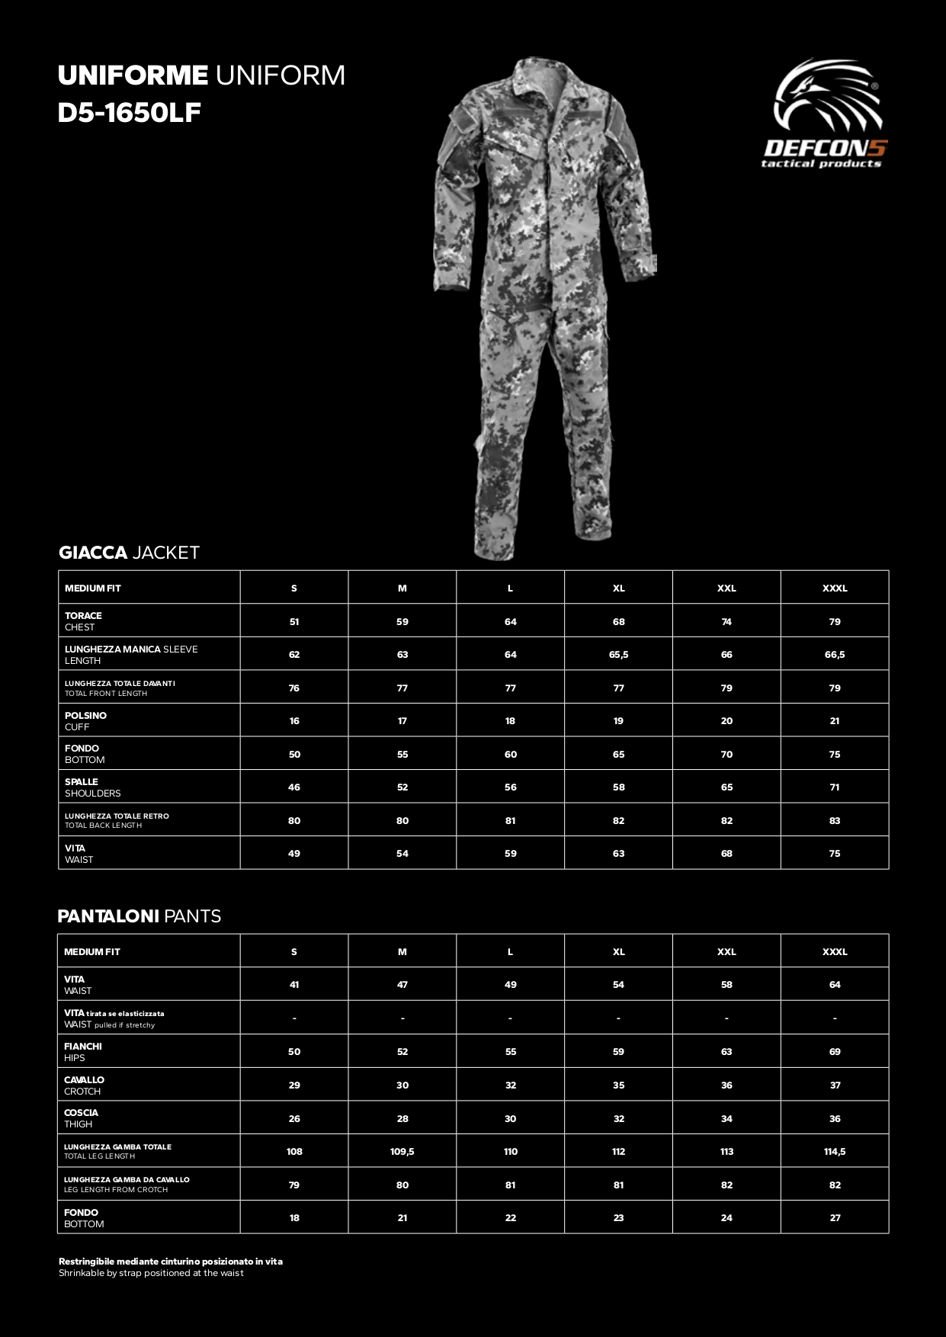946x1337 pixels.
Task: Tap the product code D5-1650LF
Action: point(129,113)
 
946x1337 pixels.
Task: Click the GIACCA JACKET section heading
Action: point(129,553)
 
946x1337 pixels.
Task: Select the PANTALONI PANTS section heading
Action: point(139,916)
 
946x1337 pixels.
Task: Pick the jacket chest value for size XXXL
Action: point(835,622)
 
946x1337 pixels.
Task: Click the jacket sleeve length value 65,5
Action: point(618,655)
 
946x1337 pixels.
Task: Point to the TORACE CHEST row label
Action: point(83,621)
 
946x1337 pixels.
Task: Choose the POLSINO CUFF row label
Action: point(85,721)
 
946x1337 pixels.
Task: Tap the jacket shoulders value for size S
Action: point(294,787)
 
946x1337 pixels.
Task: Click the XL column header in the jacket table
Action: point(618,588)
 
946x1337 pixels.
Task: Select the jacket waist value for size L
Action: point(510,854)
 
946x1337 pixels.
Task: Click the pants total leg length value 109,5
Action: point(402,1152)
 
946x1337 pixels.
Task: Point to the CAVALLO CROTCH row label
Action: point(84,1085)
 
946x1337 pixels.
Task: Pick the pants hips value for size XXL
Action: point(726,1052)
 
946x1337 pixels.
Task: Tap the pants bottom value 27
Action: point(835,1218)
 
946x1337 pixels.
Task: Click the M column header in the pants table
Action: point(402,952)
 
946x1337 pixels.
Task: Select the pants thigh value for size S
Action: point(294,1119)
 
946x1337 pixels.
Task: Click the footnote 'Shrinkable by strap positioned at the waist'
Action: point(151,1273)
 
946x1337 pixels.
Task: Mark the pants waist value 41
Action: point(294,985)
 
